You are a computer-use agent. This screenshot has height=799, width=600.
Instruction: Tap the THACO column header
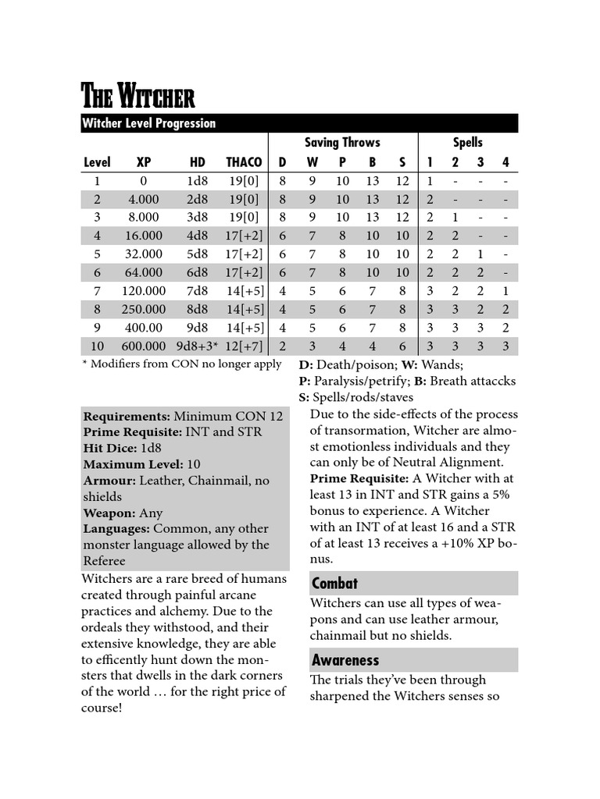click(x=244, y=162)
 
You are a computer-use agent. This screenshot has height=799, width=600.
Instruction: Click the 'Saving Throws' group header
click(x=342, y=142)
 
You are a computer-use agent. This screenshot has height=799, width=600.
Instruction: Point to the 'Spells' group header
click(x=468, y=142)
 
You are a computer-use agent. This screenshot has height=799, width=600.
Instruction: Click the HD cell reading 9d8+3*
click(x=196, y=346)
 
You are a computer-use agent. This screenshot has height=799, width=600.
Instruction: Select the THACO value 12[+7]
click(x=244, y=346)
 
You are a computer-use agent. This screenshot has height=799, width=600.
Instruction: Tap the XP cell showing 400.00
click(x=143, y=327)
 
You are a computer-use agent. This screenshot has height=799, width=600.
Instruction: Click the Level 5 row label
click(x=97, y=254)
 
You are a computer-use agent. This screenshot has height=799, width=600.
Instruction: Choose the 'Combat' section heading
click(x=334, y=583)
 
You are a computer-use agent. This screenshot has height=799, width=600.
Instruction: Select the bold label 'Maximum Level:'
click(x=133, y=463)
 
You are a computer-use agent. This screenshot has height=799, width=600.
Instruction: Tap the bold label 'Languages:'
click(x=116, y=528)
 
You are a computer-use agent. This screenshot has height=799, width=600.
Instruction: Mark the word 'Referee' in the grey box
click(x=104, y=560)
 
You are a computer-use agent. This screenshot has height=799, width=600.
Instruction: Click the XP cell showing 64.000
click(x=143, y=272)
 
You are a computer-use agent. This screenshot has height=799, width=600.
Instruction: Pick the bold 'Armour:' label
click(x=109, y=480)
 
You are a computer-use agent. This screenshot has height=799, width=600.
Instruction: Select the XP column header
click(x=143, y=162)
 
